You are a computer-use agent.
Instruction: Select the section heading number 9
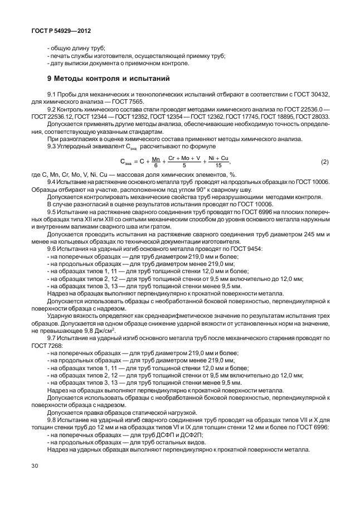[x=50, y=77]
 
